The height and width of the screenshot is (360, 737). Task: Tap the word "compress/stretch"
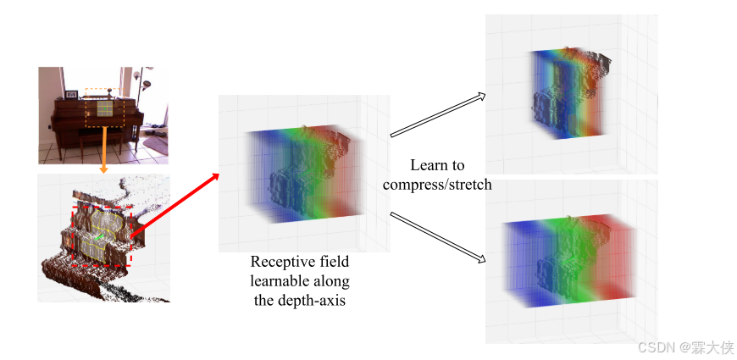[437, 184]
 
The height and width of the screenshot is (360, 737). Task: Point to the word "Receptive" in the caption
[280, 263]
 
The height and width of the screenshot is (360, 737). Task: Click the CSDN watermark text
[684, 347]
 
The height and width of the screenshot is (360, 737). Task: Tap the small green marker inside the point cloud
[100, 240]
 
